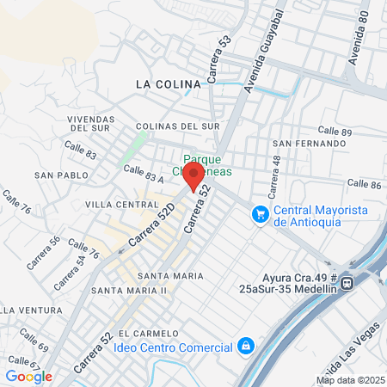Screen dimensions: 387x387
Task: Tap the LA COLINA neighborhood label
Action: pos(168,84)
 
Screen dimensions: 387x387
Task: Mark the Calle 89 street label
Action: pos(335,131)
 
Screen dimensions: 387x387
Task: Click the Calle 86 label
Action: pos(364,184)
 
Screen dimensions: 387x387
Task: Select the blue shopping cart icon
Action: pos(259,213)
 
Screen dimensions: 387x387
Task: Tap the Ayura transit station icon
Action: pos(347,282)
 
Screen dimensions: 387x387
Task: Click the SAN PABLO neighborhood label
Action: pos(56,175)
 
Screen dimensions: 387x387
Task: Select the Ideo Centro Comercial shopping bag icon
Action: pos(246,347)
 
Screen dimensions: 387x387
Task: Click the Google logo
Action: pos(28,376)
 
